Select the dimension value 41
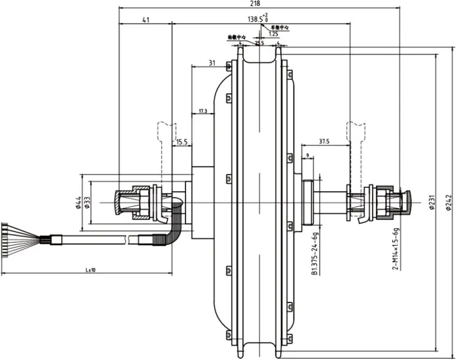pos(146,20)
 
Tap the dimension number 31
pos(212,63)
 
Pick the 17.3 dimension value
pos(202,111)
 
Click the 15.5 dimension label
pos(182,142)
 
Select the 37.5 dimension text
pos(323,142)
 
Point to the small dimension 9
pos(308,155)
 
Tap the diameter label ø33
pos(87,203)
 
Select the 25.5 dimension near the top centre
pos(259,43)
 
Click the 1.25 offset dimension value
pos(274,34)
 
